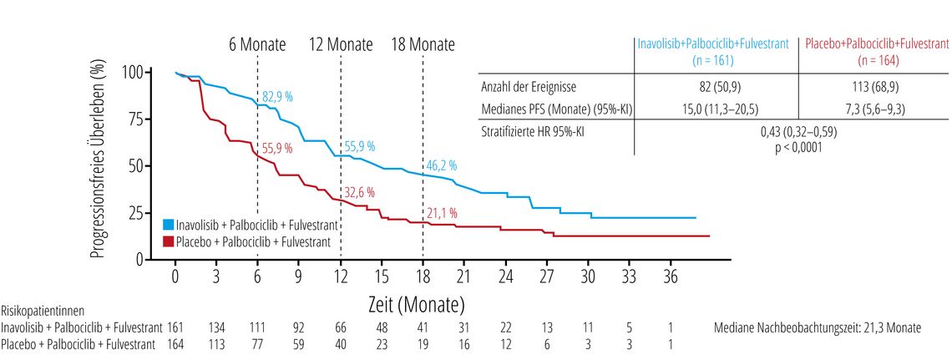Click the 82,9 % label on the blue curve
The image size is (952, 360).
277,97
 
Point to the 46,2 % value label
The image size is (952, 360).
442,165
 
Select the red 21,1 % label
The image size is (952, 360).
442,213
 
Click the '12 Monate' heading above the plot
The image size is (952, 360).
341,44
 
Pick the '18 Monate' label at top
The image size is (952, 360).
423,44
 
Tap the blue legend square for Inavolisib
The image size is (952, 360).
168,224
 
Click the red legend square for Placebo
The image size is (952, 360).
168,241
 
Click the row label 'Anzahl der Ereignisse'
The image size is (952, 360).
529,87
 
